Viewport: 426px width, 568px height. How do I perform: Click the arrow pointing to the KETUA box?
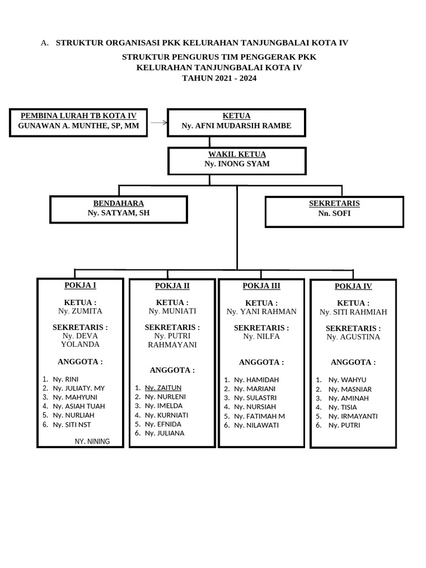pos(159,123)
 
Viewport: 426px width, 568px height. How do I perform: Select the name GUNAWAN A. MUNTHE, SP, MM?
pos(78,126)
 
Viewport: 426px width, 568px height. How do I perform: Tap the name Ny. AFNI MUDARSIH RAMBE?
pos(236,126)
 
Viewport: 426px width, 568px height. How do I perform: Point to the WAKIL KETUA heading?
pos(237,154)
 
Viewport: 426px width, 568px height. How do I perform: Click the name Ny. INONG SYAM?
pos(237,164)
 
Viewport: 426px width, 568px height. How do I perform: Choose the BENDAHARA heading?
pos(119,204)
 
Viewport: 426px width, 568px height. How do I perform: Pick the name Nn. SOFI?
pos(334,214)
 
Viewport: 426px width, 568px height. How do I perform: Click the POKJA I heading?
pos(80,285)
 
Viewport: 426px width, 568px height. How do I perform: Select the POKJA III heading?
pos(261,286)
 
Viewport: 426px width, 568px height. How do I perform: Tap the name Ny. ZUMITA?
pos(80,311)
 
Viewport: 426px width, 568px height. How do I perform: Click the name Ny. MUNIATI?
pos(172,311)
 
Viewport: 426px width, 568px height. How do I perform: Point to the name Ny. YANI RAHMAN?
pos(261,312)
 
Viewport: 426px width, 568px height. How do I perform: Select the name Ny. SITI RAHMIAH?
pos(353,312)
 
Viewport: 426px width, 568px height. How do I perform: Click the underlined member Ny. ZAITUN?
pos(163,388)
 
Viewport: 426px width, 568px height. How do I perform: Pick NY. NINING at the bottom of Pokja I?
pos(92,442)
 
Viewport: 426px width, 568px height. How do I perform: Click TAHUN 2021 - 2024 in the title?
pos(220,78)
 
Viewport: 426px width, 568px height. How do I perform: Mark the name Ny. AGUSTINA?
pos(353,337)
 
